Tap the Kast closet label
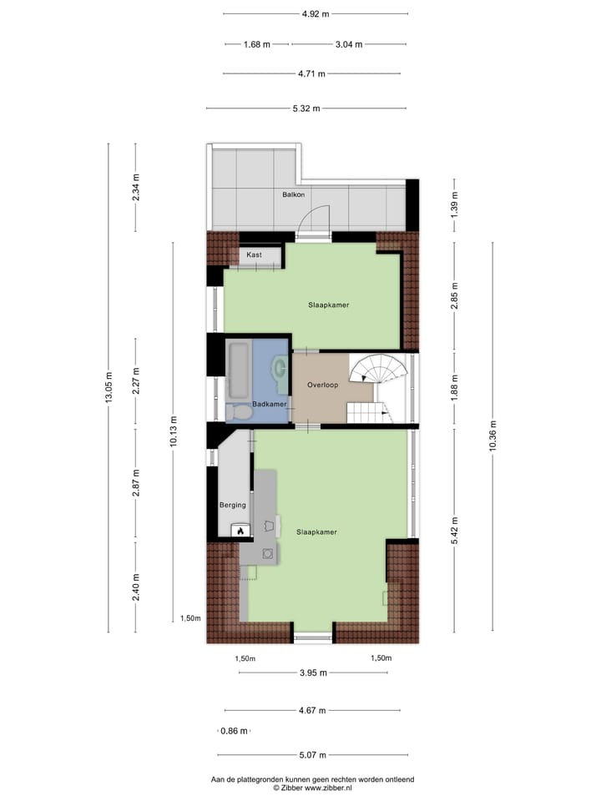254,254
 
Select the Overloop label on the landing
321,385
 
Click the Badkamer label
270,405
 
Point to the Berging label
233,506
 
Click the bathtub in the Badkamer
237,369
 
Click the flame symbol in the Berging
240,530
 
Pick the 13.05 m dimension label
109,388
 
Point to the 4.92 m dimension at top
315,13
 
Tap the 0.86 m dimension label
234,731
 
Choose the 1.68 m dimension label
257,45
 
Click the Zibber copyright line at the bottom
313,787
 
